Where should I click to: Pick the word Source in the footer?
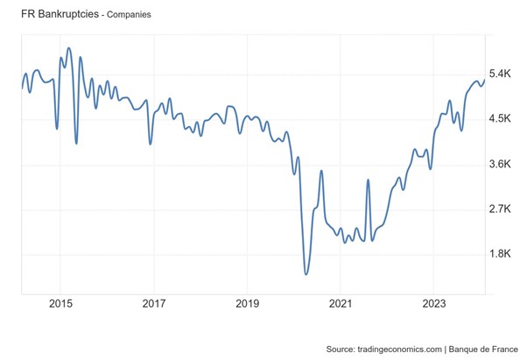[x=341, y=349]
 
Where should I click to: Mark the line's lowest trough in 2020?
[x=306, y=274]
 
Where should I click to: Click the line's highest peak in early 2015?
[x=69, y=48]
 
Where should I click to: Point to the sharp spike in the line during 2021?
[x=368, y=180]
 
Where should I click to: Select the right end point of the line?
[x=484, y=81]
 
